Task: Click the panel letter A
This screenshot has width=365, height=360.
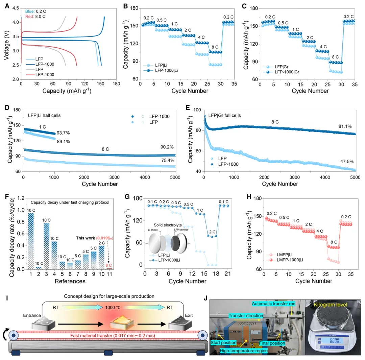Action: [7, 6]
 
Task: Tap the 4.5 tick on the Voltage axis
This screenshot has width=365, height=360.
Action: [16, 8]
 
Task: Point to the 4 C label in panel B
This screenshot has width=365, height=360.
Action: [202, 37]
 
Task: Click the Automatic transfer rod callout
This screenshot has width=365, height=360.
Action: [273, 304]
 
